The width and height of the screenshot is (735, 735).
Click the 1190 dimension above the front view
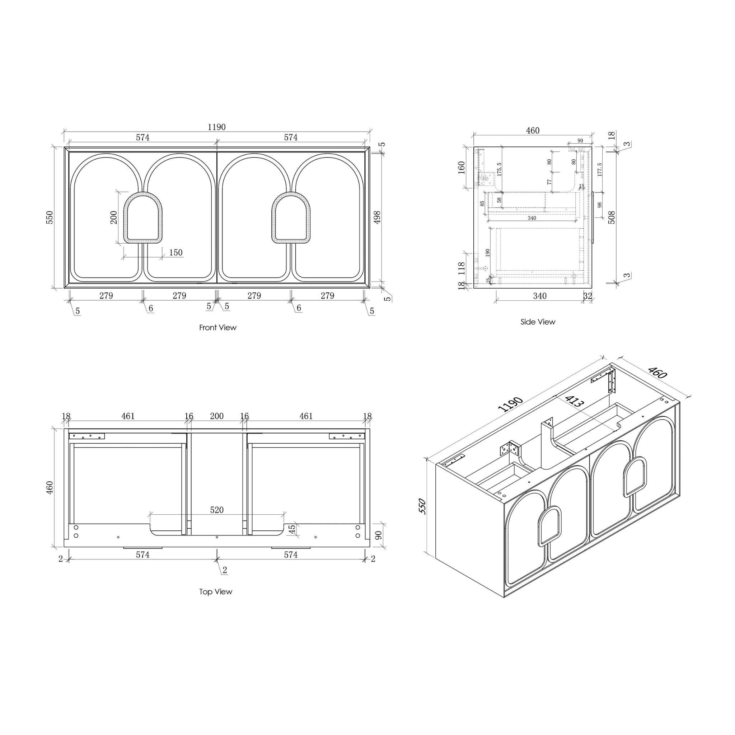click(216, 127)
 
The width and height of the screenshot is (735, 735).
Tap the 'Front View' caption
click(217, 328)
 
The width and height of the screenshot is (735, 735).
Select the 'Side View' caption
click(538, 322)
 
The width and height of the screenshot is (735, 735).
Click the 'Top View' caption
click(215, 591)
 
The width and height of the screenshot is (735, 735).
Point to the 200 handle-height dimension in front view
click(114, 217)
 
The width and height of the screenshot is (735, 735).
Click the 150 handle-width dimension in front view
click(175, 253)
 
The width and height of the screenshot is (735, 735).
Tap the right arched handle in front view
click(291, 218)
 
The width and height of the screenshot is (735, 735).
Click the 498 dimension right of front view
click(377, 217)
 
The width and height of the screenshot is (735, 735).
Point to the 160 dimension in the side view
click(461, 167)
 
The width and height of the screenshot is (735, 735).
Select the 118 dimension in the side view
click(462, 268)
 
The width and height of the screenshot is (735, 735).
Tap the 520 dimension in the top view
click(217, 510)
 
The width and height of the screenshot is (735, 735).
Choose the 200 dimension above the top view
click(217, 416)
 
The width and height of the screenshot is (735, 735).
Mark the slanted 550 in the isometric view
click(423, 506)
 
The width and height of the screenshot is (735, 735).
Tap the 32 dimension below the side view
click(587, 296)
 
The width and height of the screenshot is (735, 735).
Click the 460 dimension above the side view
click(533, 131)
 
